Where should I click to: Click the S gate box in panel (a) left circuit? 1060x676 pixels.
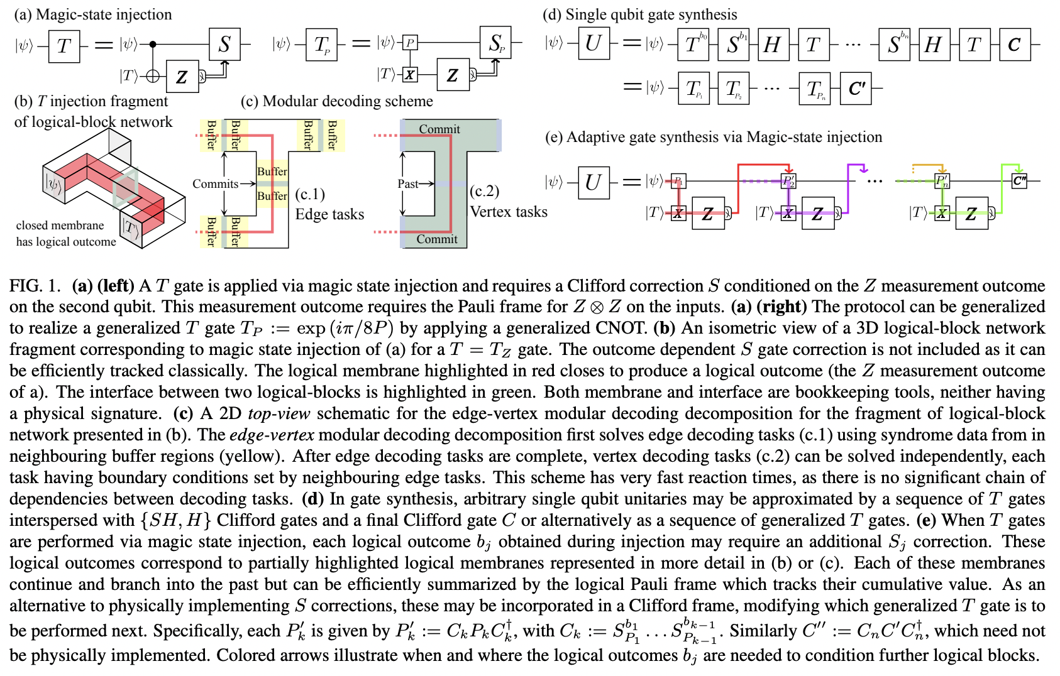coord(224,44)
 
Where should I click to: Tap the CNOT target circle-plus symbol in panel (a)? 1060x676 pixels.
coord(152,76)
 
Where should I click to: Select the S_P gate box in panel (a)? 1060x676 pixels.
coord(495,43)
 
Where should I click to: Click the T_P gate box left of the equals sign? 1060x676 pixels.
coord(321,45)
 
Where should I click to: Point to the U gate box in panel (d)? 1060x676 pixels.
coord(593,43)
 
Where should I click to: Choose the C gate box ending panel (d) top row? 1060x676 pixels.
coord(1014,45)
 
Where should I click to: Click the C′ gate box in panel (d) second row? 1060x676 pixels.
coord(857,89)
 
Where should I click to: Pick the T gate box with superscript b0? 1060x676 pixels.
coord(693,45)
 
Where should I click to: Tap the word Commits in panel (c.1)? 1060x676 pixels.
coord(215,183)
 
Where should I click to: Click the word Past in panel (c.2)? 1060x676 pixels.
coord(407,183)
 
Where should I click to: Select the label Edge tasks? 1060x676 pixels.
coord(329,214)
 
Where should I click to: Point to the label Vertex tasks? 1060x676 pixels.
coord(509,212)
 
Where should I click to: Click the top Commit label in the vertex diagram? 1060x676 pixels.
coord(439,129)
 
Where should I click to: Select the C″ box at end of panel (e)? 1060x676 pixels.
coord(1019,182)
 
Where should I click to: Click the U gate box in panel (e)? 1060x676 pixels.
coord(593,182)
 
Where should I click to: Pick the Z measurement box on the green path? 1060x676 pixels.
coord(971,214)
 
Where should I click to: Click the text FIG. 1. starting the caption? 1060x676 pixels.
coord(35,286)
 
